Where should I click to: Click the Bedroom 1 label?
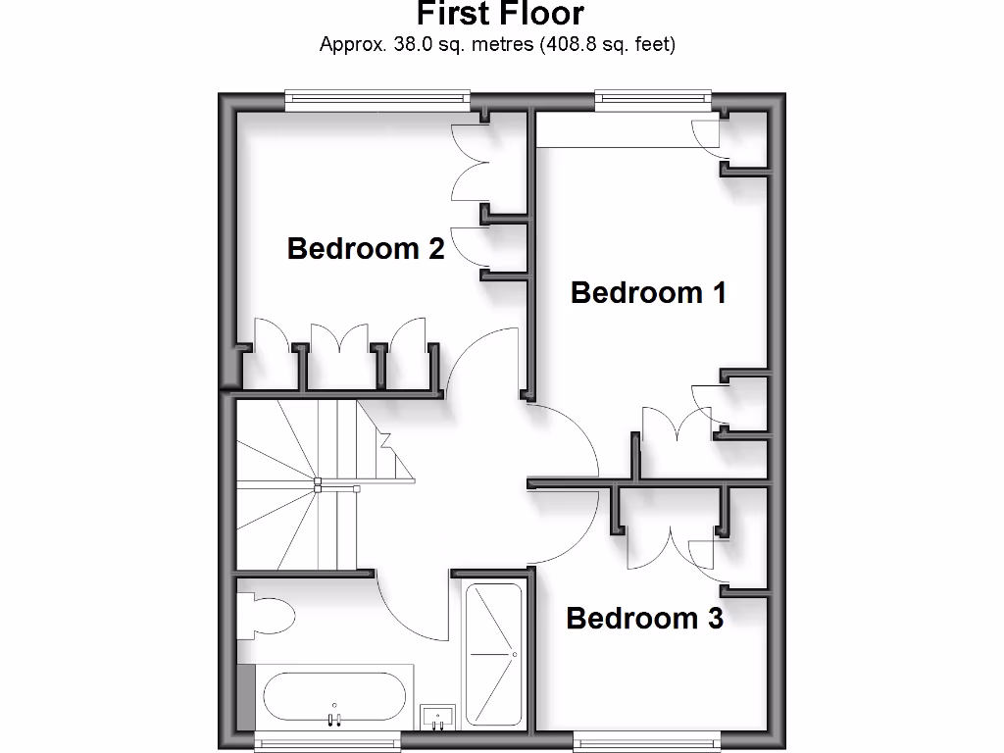click(648, 292)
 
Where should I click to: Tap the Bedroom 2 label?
click(366, 248)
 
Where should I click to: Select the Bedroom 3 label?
click(644, 618)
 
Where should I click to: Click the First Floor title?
click(500, 14)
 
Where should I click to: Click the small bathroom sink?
click(437, 717)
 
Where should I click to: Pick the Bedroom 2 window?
click(377, 97)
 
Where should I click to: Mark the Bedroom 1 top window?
click(652, 97)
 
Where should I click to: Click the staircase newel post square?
click(318, 482)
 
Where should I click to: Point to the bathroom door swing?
click(412, 608)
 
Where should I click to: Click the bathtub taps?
click(334, 719)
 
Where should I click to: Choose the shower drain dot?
click(514, 654)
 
